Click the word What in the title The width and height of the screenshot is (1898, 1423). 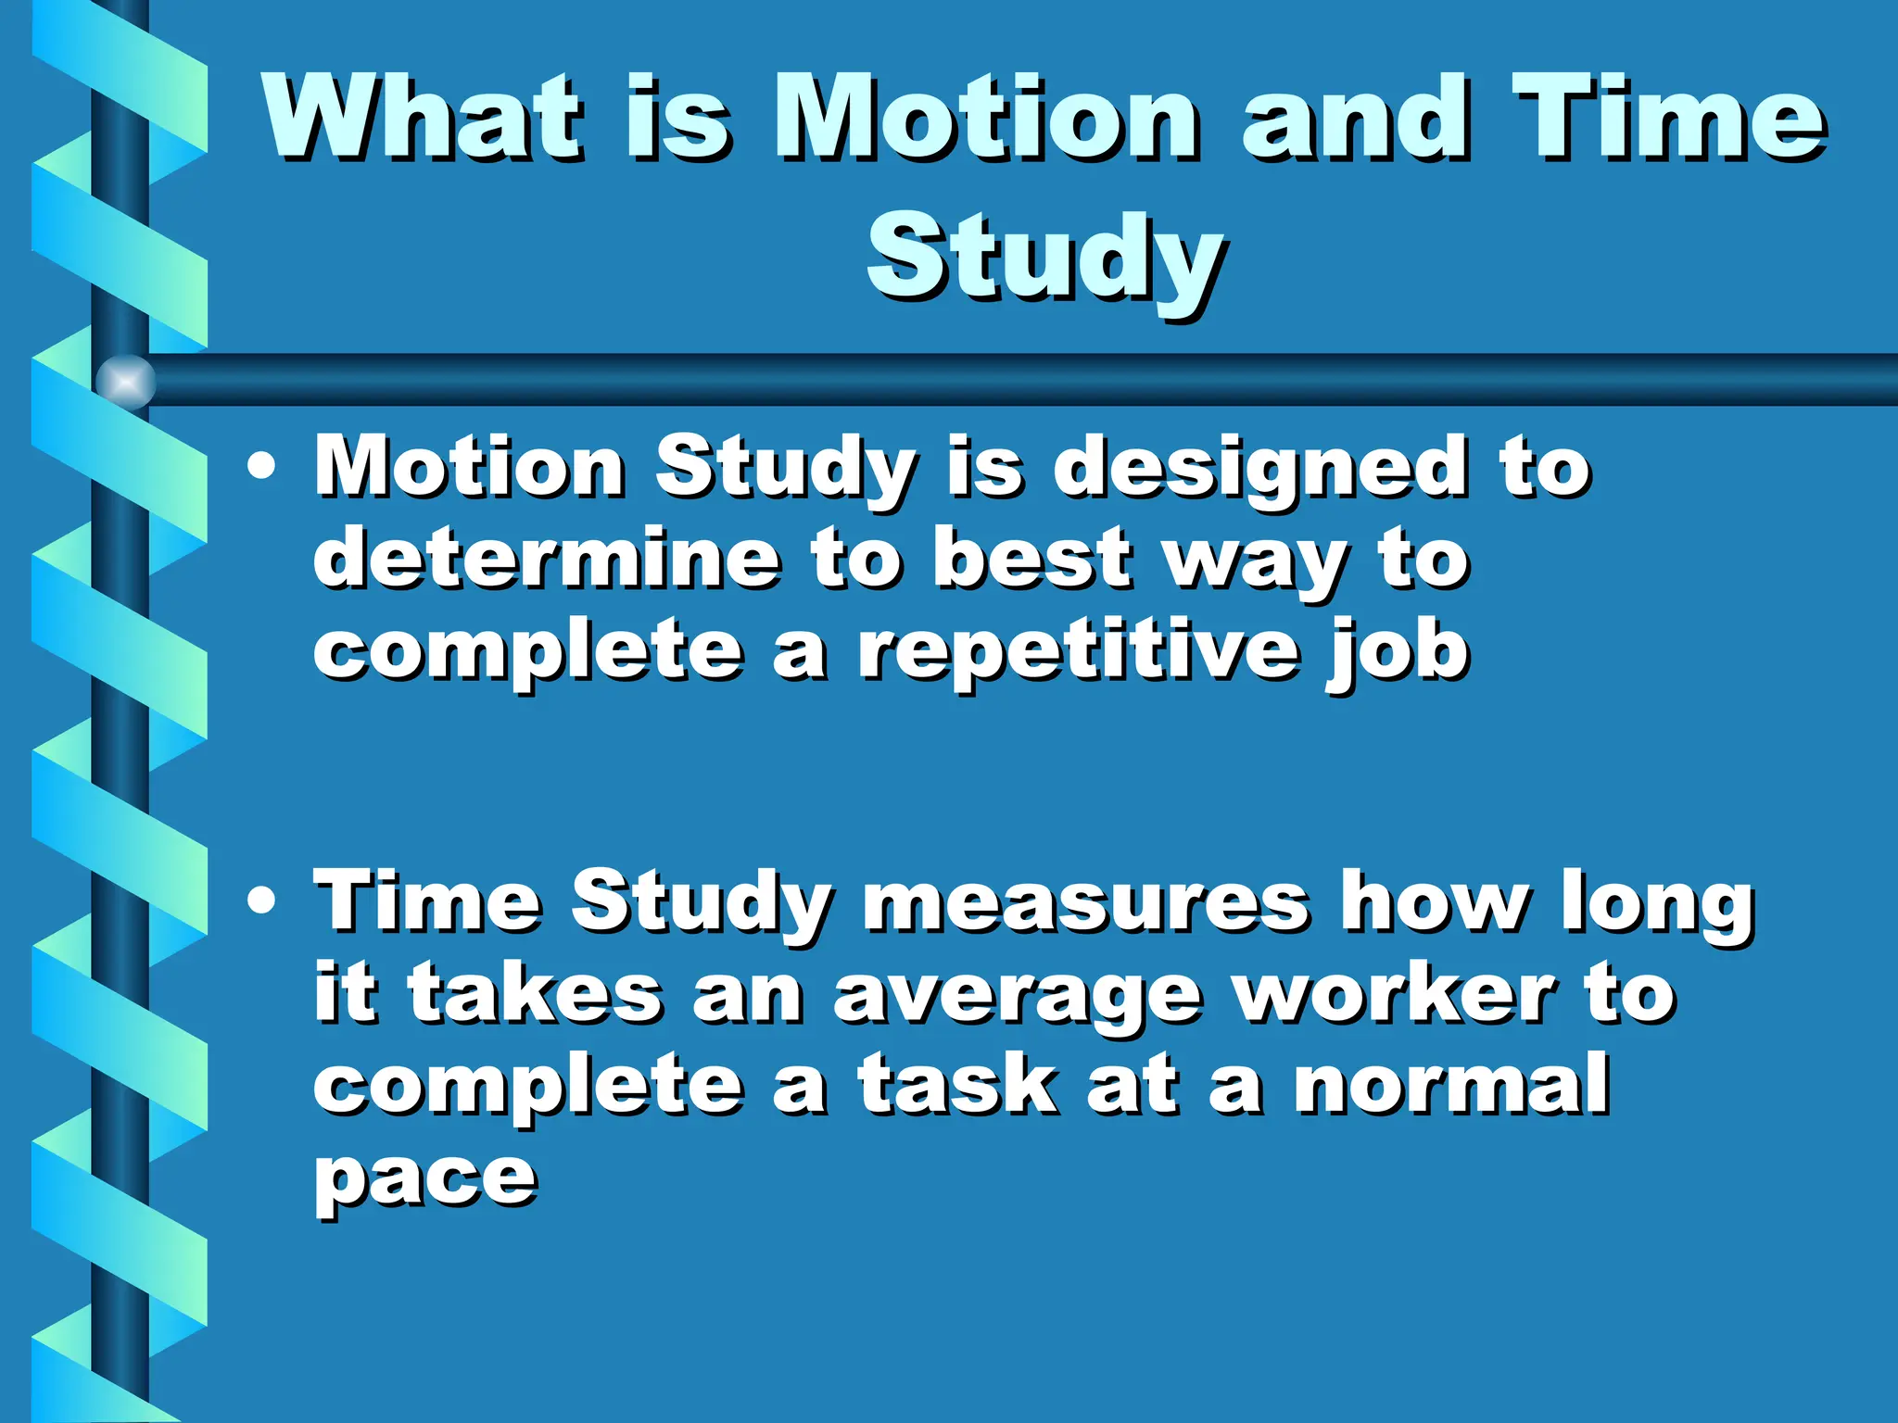click(422, 119)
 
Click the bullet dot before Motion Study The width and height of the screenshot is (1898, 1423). click(261, 466)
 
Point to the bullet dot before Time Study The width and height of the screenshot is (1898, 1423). click(261, 900)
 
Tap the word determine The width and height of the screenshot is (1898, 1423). click(546, 559)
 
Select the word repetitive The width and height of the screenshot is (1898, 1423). click(1076, 651)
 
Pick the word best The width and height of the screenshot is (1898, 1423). click(1031, 559)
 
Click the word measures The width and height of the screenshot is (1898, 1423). click(1085, 901)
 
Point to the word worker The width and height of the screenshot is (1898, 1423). click(1397, 994)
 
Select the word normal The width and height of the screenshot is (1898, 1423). click(1450, 1085)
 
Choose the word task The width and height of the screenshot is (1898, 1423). click(956, 1085)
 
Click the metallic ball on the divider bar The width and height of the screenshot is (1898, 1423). click(125, 381)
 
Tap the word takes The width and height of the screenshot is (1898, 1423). click(534, 994)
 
